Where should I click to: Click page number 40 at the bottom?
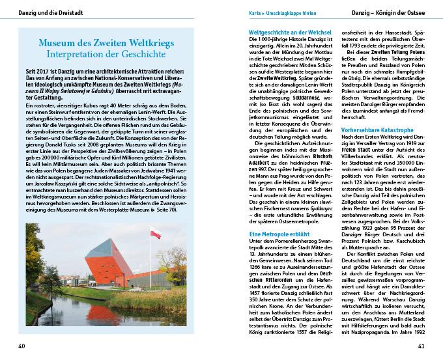pos(22,345)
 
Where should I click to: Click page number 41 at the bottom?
pos(421,345)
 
